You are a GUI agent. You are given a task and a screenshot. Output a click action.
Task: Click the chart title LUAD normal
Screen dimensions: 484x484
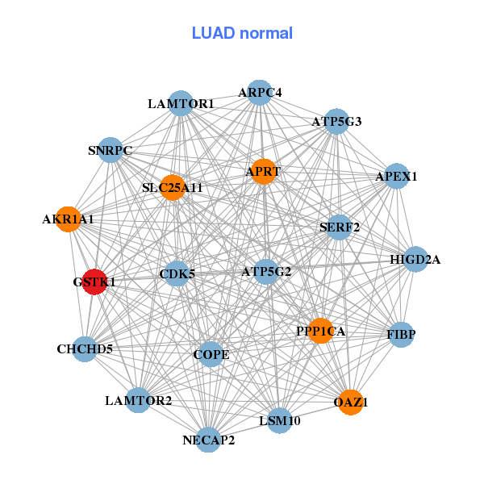[242, 33]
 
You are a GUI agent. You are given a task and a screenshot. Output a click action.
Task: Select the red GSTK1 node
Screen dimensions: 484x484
[94, 282]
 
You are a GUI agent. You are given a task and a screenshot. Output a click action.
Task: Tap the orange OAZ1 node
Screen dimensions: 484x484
[350, 401]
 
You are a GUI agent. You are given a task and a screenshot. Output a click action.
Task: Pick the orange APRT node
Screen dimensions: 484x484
[264, 171]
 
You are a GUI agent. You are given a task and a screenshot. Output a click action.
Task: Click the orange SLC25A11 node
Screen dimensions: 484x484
[173, 188]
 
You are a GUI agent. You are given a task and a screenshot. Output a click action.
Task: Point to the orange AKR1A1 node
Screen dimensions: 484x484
[69, 219]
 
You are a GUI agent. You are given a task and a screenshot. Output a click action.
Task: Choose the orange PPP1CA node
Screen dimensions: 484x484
[321, 331]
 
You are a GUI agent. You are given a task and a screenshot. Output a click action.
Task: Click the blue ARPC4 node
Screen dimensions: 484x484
[259, 93]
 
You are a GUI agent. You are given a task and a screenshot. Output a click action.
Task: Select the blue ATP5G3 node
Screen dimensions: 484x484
[336, 122]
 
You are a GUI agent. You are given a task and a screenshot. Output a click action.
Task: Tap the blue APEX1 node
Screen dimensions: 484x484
[396, 176]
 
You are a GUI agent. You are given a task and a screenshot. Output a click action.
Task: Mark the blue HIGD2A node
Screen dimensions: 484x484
[415, 259]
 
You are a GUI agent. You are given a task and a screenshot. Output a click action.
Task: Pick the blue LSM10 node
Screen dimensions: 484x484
[278, 420]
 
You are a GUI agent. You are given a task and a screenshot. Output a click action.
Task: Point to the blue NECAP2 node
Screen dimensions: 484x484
[208, 439]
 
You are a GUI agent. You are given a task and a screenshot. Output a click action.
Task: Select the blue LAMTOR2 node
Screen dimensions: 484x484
[138, 400]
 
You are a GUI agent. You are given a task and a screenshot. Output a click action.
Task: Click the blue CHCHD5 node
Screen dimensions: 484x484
[85, 349]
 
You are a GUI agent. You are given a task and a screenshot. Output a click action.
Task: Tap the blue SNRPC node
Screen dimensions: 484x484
[111, 150]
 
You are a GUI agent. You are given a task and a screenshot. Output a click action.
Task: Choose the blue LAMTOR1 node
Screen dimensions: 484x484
[181, 103]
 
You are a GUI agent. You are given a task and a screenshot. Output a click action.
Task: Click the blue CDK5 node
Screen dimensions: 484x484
[177, 273]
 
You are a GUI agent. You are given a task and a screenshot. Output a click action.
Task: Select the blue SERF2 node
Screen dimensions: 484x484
[340, 227]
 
